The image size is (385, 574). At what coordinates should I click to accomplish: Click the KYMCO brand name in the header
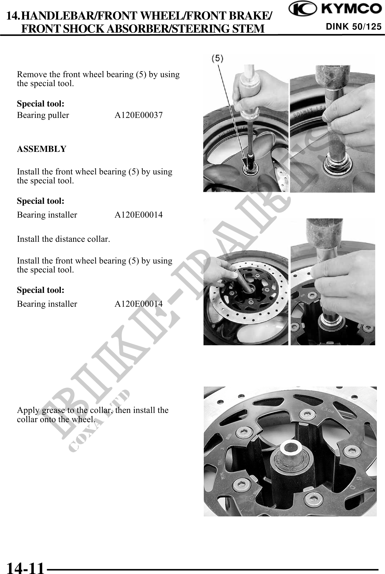350,9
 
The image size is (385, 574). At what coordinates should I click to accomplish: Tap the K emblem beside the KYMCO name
302,9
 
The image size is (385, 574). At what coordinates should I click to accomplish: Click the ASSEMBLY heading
42,149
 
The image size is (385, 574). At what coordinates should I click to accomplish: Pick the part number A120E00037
139,115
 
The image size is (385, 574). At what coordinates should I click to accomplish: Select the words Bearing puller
43,115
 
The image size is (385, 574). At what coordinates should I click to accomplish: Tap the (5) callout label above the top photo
217,58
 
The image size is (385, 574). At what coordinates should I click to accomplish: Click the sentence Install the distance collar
63,239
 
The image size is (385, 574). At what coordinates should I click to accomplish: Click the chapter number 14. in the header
13,16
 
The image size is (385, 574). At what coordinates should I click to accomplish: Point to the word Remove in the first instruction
30,74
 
